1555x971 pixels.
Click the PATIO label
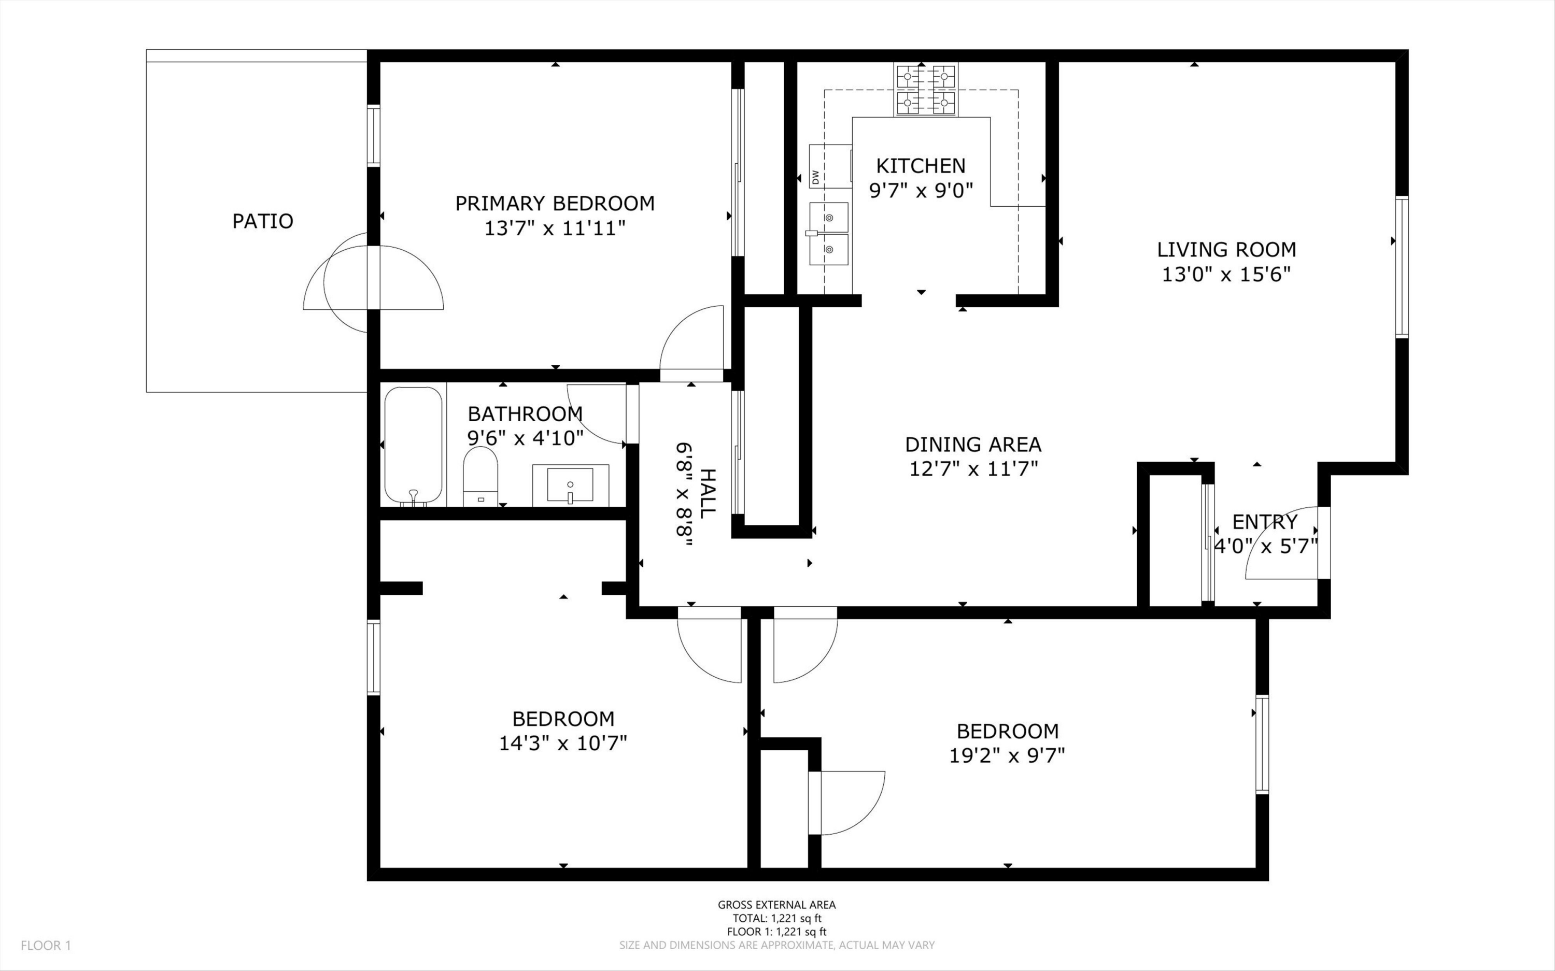(263, 221)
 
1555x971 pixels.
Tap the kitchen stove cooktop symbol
(925, 89)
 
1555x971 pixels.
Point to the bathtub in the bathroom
(413, 446)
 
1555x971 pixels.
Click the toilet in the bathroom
(480, 477)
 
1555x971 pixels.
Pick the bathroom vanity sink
(570, 484)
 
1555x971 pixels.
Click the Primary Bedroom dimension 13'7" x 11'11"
(555, 228)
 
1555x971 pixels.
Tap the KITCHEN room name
(921, 166)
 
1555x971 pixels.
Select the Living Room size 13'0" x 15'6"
(1226, 274)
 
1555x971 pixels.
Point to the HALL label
(707, 494)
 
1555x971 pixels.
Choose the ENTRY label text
(1265, 521)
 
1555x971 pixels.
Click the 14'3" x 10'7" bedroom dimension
(563, 743)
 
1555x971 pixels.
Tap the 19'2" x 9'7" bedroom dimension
(1007, 756)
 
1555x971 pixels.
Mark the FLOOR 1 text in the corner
(46, 945)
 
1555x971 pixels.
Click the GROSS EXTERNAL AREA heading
(777, 905)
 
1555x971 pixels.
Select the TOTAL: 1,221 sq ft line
(777, 918)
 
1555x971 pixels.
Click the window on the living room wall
(1402, 267)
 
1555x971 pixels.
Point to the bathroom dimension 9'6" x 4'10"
(526, 438)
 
